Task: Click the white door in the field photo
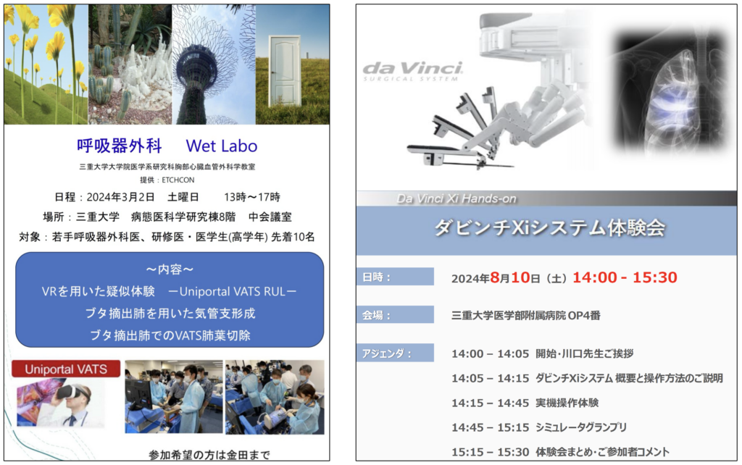[x=285, y=70]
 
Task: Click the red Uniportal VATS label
[x=66, y=369]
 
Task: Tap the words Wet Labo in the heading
[x=222, y=146]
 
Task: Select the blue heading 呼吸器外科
[x=120, y=146]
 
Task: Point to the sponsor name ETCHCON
[x=178, y=180]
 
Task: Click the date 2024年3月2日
[x=121, y=197]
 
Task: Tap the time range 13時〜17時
[x=252, y=197]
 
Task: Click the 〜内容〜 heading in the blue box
[x=170, y=269]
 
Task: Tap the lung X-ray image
[x=670, y=92]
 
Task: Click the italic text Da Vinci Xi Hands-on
[x=457, y=198]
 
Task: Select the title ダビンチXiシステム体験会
[x=550, y=228]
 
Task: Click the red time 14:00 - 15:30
[x=625, y=277]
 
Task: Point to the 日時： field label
[x=377, y=277]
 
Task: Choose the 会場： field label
[x=377, y=315]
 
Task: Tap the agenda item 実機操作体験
[x=567, y=403]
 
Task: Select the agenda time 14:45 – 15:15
[x=491, y=427]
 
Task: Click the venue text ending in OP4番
[x=526, y=316]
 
